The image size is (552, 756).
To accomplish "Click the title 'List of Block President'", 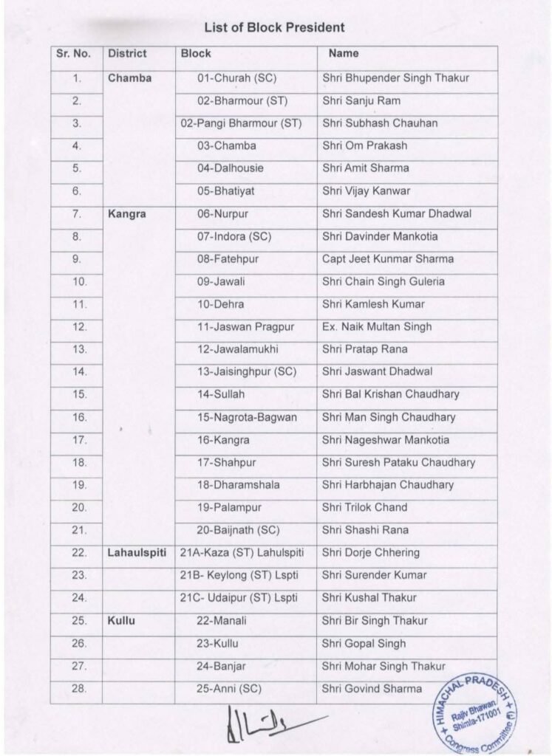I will [274, 28].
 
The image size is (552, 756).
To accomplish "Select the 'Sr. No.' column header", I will [73, 54].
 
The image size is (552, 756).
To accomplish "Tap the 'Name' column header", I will [344, 54].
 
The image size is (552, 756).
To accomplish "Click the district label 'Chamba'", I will [129, 78].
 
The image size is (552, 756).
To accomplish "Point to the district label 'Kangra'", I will [127, 214].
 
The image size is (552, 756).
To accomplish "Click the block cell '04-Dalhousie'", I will [230, 168].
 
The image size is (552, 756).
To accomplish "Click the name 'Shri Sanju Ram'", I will [361, 100].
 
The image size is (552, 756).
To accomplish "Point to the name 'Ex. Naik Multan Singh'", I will [377, 327].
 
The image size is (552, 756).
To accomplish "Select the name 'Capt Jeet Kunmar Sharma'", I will [388, 259].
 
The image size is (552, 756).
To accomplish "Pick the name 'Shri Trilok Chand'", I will [364, 508].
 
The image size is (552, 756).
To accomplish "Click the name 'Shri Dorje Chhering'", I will [371, 553].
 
